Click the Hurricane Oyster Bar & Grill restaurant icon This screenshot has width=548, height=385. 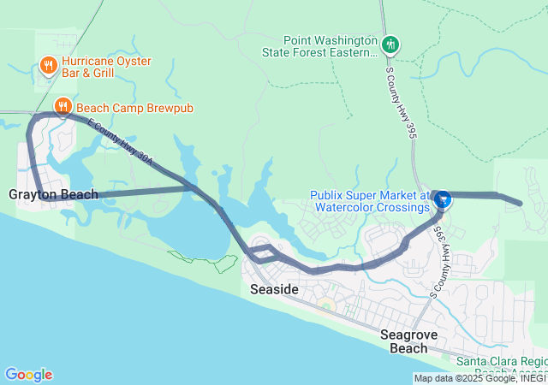(48, 65)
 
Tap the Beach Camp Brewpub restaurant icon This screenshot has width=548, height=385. (63, 107)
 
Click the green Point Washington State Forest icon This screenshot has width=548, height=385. (390, 44)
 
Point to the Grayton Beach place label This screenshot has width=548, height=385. (53, 194)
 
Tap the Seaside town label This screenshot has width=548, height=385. (274, 290)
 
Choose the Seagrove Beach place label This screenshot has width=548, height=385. (415, 341)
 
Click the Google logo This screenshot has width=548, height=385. (28, 375)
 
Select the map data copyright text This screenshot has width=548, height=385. (479, 378)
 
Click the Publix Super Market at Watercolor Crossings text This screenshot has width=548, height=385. (369, 201)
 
